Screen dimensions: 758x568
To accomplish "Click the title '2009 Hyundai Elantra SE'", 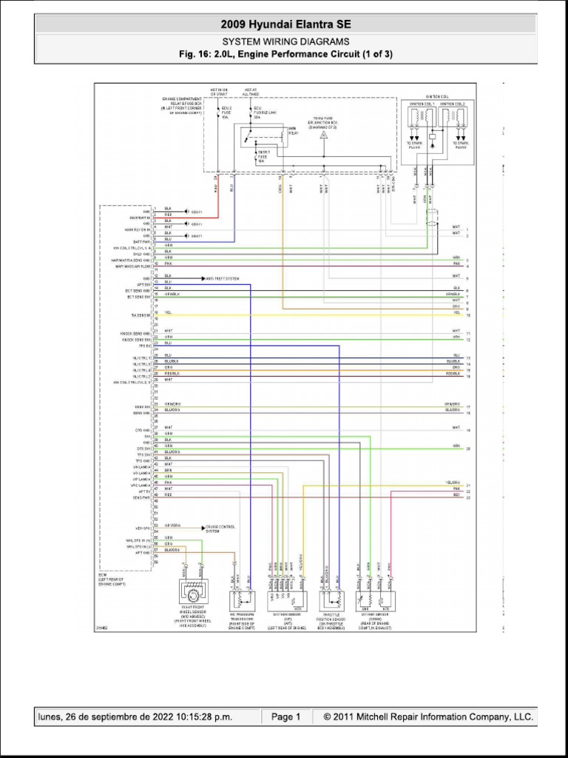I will (285, 24).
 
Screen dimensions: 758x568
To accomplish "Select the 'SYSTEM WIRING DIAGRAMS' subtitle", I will (285, 42).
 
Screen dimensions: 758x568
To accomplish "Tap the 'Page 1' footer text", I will (285, 717).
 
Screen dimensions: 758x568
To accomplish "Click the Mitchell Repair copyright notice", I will (423, 717).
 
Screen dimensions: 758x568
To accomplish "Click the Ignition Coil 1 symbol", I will (422, 118).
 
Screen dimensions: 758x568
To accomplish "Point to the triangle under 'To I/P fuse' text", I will (323, 135).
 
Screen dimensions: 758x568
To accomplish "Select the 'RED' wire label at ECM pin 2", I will (168, 215).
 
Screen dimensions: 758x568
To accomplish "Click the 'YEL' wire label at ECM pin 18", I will (168, 312).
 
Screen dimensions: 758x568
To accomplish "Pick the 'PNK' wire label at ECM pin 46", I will (168, 483).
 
